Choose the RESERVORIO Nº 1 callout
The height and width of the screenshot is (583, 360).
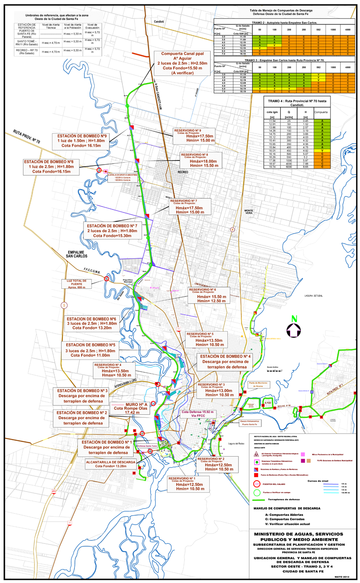pyautogui.click(x=188, y=484)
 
